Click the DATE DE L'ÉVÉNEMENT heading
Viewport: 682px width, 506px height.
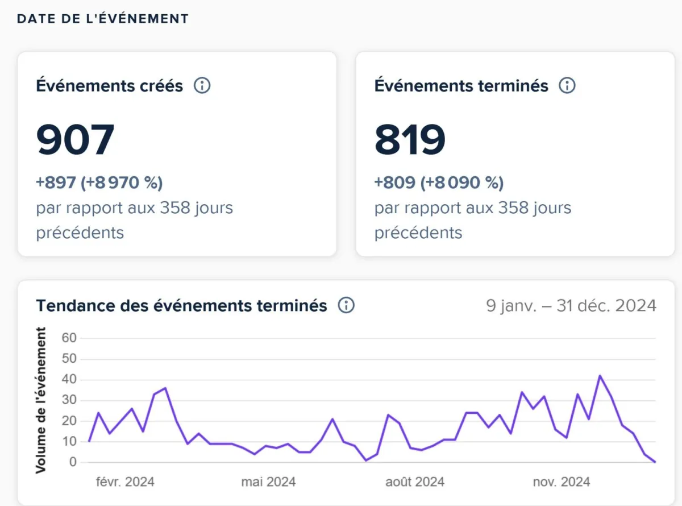[x=102, y=18]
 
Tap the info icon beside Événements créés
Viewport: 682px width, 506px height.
[x=202, y=86]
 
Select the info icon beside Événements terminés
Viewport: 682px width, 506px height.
[x=567, y=86]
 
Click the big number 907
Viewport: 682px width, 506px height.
[x=76, y=140]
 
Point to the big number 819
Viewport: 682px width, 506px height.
[x=410, y=140]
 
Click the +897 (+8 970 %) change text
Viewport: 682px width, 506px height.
[x=99, y=183]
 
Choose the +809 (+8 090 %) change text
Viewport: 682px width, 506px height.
[x=439, y=183]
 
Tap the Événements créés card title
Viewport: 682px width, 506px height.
[x=110, y=86]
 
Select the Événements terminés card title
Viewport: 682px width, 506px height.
[x=461, y=86]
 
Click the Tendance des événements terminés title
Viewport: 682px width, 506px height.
[x=181, y=305]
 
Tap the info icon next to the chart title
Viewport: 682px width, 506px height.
[x=346, y=305]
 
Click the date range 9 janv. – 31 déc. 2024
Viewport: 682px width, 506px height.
[x=571, y=305]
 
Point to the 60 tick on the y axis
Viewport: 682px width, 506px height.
[x=69, y=338]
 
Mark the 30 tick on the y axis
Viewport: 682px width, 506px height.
[x=69, y=400]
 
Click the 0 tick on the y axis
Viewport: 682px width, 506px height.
[x=73, y=463]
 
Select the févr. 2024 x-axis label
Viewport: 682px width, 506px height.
[x=125, y=482]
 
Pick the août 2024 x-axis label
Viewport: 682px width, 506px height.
[x=414, y=482]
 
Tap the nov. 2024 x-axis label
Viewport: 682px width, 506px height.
[x=562, y=482]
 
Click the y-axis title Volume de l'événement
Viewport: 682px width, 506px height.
[x=41, y=400]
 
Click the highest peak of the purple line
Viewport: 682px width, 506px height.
[x=600, y=376]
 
